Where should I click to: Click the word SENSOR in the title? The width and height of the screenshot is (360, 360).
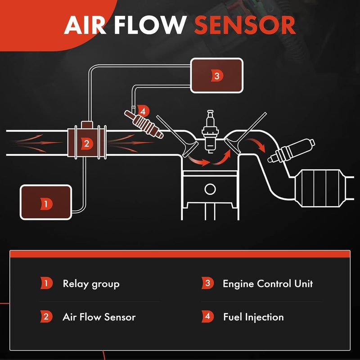[x=245, y=26]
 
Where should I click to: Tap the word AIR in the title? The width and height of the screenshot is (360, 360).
[x=85, y=26]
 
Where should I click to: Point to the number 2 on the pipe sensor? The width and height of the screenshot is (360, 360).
[x=86, y=144]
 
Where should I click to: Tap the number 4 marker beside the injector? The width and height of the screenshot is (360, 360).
[x=143, y=110]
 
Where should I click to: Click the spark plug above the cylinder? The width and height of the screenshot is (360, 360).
[x=209, y=130]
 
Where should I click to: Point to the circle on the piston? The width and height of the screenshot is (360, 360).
[x=210, y=189]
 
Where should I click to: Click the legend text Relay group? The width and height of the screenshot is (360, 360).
[x=91, y=283]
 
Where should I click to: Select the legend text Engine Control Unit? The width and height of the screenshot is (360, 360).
[x=267, y=283]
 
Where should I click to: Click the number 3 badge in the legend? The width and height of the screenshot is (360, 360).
[x=207, y=283]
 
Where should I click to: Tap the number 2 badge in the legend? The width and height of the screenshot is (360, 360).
[x=46, y=316]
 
